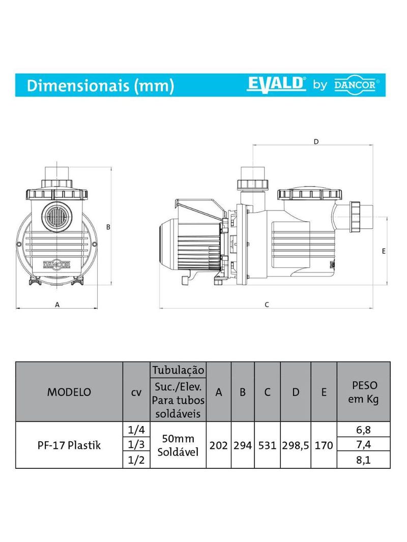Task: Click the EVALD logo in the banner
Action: coord(276,84)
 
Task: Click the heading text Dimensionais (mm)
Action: coord(100,85)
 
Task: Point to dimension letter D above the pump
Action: coord(316,142)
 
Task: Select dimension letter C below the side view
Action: coord(267,305)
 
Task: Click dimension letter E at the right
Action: coord(384,251)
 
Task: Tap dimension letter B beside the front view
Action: coord(108,227)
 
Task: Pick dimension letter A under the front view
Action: coord(57,305)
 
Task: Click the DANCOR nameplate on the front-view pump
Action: coord(56,265)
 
